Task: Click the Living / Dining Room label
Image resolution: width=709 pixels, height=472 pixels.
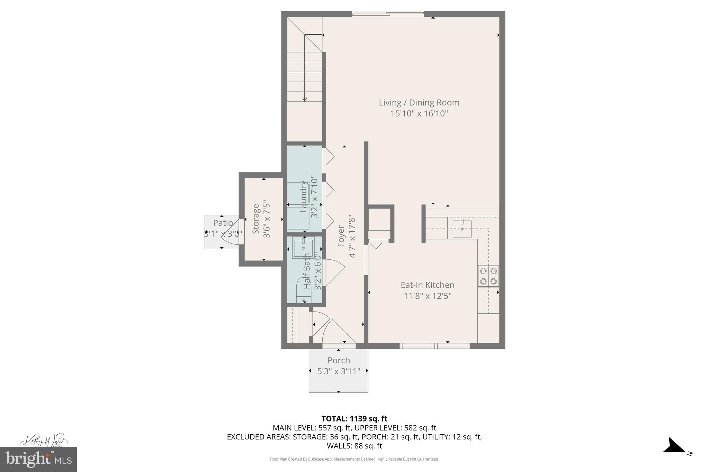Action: click(x=419, y=103)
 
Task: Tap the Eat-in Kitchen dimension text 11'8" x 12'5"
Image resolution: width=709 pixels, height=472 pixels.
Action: click(x=428, y=296)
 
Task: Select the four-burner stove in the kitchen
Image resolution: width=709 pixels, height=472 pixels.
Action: click(x=488, y=276)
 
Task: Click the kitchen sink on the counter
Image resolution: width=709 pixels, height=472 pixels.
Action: click(x=462, y=229)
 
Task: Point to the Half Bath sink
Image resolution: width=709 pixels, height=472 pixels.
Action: click(x=303, y=248)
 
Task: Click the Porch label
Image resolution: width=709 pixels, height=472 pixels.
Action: click(x=339, y=360)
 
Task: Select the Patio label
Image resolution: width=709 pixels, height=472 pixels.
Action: click(x=223, y=223)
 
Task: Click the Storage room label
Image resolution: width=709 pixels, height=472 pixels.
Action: click(x=256, y=219)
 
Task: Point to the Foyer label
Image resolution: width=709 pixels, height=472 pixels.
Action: click(x=341, y=236)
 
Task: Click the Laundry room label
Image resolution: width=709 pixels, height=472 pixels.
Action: click(x=304, y=196)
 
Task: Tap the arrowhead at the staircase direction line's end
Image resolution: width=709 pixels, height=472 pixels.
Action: click(x=305, y=100)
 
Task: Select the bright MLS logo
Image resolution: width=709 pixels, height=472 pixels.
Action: click(x=38, y=459)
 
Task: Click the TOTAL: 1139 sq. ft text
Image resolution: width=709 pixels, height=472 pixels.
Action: click(x=354, y=419)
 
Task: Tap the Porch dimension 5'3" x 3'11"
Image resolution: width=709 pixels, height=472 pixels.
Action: click(x=339, y=371)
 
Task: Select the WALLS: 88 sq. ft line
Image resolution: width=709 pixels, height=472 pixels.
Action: click(x=354, y=446)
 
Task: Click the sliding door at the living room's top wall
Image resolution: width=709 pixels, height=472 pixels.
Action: click(x=388, y=14)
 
